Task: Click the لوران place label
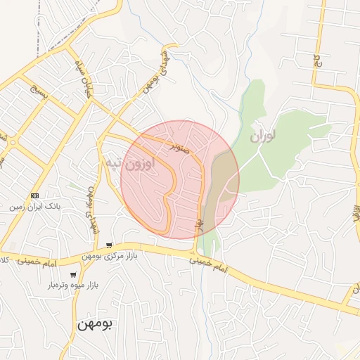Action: pyautogui.click(x=262, y=132)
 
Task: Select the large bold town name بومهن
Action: pyautogui.click(x=95, y=325)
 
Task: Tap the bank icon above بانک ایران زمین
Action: pyautogui.click(x=34, y=195)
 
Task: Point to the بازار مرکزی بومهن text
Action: pyautogui.click(x=108, y=257)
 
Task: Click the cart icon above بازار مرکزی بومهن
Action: pyautogui.click(x=108, y=245)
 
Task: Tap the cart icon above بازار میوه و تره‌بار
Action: pyautogui.click(x=73, y=275)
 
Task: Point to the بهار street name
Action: pyautogui.click(x=198, y=225)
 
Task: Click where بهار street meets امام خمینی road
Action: pyautogui.click(x=195, y=251)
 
